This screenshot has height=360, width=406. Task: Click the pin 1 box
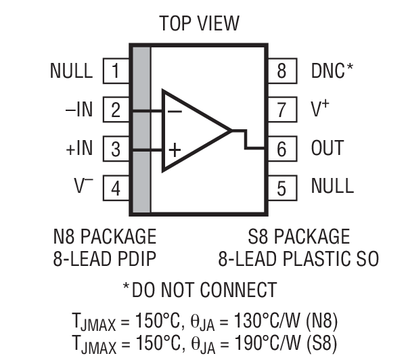tap(116, 70)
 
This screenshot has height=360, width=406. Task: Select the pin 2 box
tap(116, 110)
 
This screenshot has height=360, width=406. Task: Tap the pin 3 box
tap(116, 148)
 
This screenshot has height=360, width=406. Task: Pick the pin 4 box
tap(116, 187)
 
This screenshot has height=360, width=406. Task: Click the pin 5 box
tap(282, 186)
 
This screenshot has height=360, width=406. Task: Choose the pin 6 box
tap(282, 148)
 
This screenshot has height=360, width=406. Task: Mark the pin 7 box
tap(282, 109)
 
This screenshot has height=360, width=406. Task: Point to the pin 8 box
tap(282, 70)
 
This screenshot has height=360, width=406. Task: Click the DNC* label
tap(332, 70)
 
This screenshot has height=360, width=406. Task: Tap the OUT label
tap(328, 148)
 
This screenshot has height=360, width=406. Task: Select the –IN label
tap(79, 110)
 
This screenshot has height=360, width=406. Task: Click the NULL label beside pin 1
tap(71, 70)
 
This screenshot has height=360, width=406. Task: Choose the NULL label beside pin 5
tap(332, 186)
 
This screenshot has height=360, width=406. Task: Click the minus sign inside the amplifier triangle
tap(174, 110)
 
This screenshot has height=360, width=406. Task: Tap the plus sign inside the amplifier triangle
tap(174, 150)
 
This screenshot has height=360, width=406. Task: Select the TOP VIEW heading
tap(199, 24)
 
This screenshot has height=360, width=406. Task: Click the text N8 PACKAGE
tap(104, 237)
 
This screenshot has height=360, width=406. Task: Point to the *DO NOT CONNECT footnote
tap(199, 290)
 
